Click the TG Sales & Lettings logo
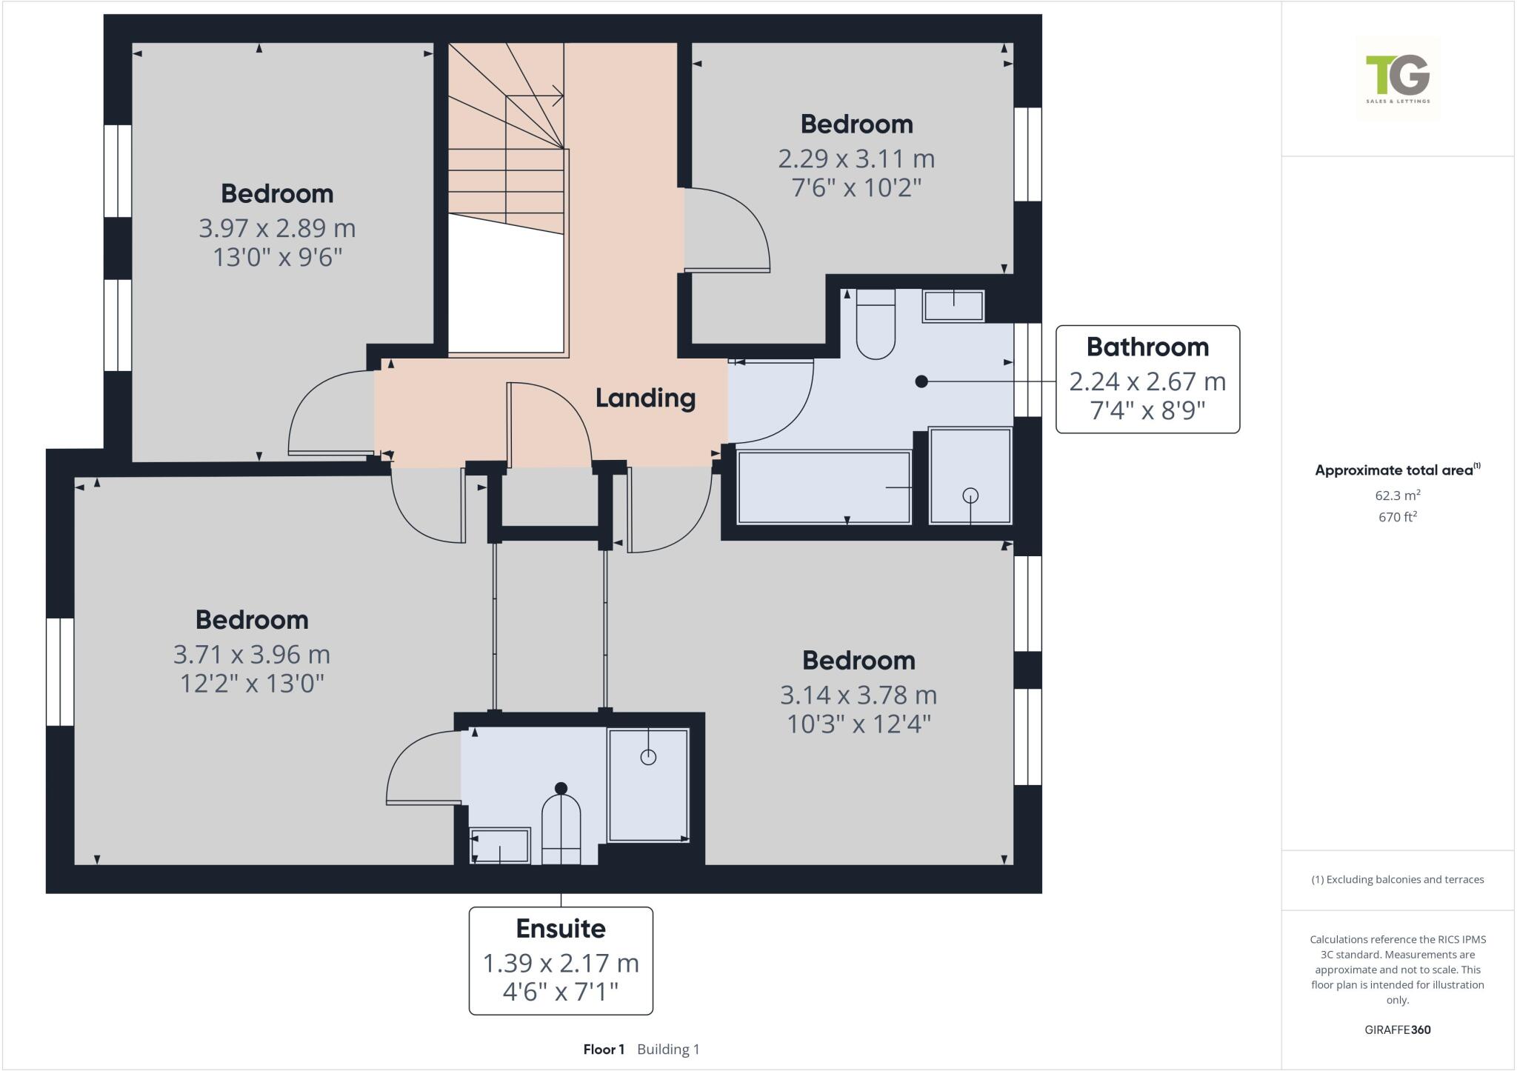click(1398, 79)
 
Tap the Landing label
click(645, 398)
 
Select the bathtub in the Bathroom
click(824, 487)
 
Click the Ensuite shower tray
click(648, 785)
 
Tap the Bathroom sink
click(953, 306)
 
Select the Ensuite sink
click(500, 846)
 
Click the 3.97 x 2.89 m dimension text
click(277, 228)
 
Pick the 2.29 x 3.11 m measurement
click(856, 159)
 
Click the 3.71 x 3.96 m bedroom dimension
click(252, 655)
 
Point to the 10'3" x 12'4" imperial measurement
click(858, 724)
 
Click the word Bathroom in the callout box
click(1147, 347)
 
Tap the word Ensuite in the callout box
click(561, 928)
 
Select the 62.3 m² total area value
click(1397, 496)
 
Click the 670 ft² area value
click(1397, 517)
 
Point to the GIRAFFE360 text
click(1397, 1030)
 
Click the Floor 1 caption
click(604, 1050)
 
